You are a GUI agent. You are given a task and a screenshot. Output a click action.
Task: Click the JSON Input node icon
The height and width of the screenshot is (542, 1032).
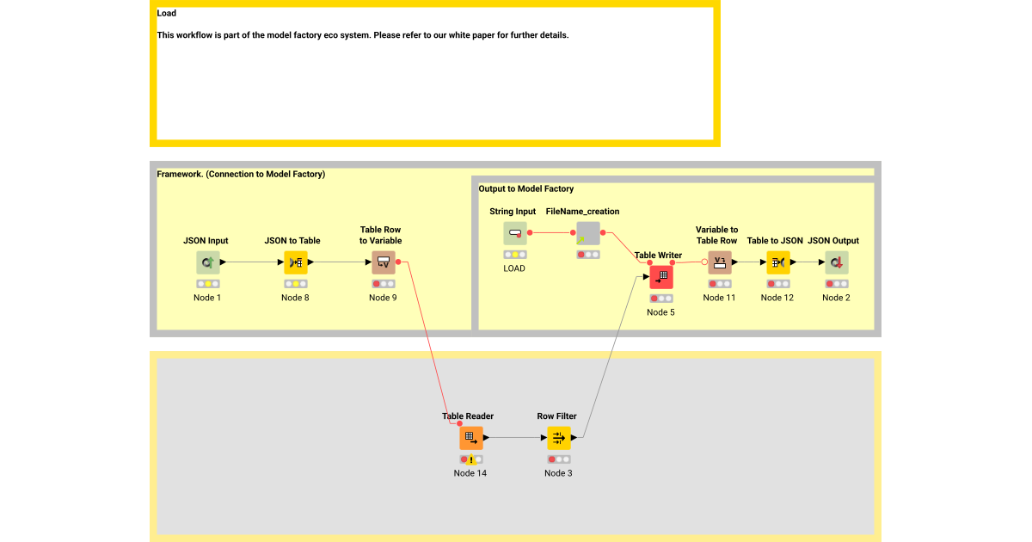pyautogui.click(x=207, y=262)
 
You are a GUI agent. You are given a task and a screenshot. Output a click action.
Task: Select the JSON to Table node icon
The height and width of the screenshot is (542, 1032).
pyautogui.click(x=295, y=262)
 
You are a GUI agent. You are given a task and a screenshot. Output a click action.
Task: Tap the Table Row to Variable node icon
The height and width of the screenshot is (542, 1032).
pyautogui.click(x=383, y=262)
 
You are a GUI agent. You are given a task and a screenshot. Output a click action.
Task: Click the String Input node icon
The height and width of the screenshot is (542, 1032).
pyautogui.click(x=514, y=233)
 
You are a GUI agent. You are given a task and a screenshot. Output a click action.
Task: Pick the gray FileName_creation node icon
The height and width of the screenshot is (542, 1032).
pyautogui.click(x=588, y=233)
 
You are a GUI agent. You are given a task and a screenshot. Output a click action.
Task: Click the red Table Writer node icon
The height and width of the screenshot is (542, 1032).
pyautogui.click(x=661, y=277)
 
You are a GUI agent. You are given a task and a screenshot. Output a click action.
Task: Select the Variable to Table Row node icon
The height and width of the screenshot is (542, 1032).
pyautogui.click(x=720, y=262)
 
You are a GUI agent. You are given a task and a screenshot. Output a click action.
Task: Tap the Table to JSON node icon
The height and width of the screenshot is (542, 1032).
pyautogui.click(x=777, y=262)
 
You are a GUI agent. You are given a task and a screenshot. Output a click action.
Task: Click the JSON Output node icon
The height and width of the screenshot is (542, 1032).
pyautogui.click(x=836, y=262)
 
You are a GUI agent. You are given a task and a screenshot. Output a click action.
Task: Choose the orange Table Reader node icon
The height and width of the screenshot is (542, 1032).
pyautogui.click(x=470, y=438)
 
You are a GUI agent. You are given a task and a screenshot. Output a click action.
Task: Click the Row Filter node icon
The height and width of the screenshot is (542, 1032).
pyautogui.click(x=558, y=438)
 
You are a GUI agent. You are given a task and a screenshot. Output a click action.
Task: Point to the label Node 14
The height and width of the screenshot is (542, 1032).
pyautogui.click(x=470, y=473)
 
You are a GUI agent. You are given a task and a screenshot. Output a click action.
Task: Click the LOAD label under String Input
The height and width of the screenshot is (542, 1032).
pyautogui.click(x=514, y=268)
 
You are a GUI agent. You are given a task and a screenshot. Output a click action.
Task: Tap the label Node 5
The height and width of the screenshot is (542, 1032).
pyautogui.click(x=660, y=312)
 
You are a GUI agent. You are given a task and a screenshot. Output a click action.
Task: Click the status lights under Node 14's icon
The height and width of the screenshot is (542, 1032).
pyautogui.click(x=470, y=459)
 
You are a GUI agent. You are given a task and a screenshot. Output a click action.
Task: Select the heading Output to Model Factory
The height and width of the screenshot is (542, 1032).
pyautogui.click(x=525, y=188)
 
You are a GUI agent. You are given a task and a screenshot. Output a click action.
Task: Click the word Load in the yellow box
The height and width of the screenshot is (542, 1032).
pyautogui.click(x=167, y=13)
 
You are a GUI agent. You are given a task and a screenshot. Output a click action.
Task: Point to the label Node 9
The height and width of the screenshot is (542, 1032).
pyautogui.click(x=383, y=298)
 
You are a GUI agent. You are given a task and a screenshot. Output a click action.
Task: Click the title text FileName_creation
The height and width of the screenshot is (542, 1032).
pyautogui.click(x=582, y=212)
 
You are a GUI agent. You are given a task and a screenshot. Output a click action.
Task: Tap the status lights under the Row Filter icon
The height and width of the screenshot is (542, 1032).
pyautogui.click(x=558, y=459)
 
